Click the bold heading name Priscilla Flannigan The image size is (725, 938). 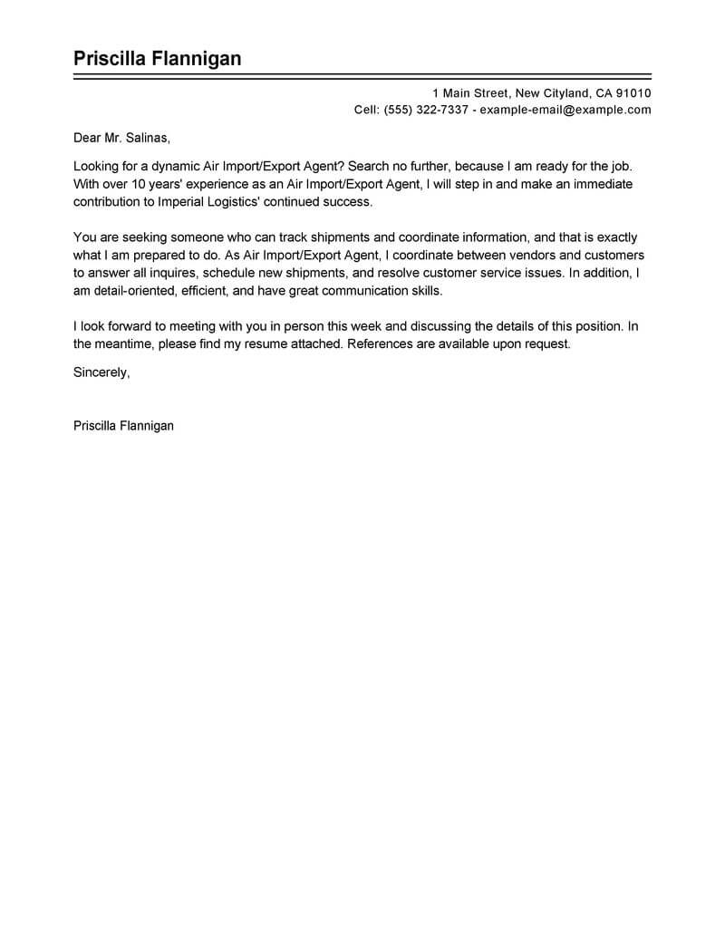pos(158,59)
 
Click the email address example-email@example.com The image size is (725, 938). pos(565,110)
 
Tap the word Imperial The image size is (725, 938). pos(179,201)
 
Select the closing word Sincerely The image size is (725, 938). pos(101,372)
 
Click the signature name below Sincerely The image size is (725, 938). pos(123,424)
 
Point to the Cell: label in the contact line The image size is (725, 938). pos(366,110)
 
